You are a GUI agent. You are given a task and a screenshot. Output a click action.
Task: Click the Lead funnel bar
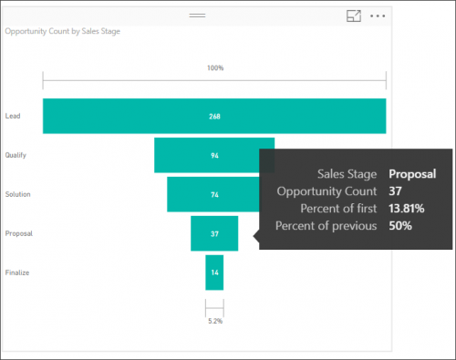pos(214,116)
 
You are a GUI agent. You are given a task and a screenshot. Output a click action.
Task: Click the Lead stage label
pos(13,116)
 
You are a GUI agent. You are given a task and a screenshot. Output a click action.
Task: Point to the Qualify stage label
pos(16,155)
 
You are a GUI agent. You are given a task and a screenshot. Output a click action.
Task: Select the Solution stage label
pos(16,194)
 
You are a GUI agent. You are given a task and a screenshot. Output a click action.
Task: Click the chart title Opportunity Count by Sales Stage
pos(63,31)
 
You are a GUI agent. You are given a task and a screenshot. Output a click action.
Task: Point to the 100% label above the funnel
pos(214,68)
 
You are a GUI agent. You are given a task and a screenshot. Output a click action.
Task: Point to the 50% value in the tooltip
pos(399,226)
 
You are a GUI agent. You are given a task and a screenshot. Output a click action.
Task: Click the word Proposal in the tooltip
pos(412,173)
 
